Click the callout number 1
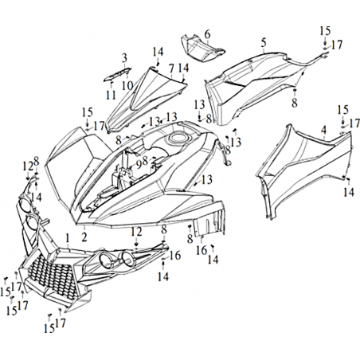pos(68,238)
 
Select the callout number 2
pos(84,237)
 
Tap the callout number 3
pos(125,58)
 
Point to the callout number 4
pos(323,131)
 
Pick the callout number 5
pos(264,43)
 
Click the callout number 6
pos(207,34)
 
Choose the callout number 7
pos(171,68)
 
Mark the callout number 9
pos(139,166)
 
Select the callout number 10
pos(127,86)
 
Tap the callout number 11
pos(111,95)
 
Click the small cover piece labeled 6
pos(203,48)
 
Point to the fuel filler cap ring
pos(177,137)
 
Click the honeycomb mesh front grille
pos(50,276)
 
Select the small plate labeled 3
pos(117,73)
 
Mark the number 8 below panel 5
pos(295,104)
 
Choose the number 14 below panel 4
pos(349,192)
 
